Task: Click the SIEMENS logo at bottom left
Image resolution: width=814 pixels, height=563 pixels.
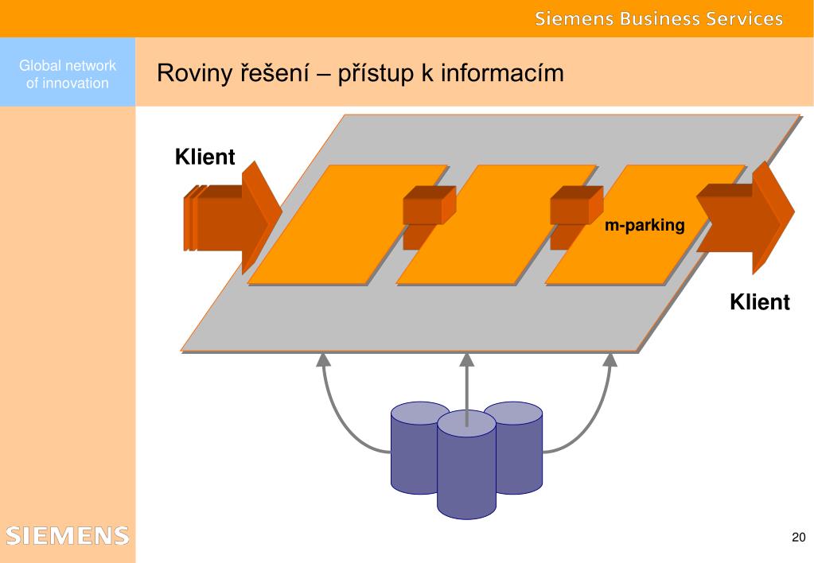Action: (68, 535)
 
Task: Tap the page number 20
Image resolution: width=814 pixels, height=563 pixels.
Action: (798, 537)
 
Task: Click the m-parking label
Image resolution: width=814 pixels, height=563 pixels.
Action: (645, 225)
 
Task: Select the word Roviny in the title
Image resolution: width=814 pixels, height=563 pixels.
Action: (195, 73)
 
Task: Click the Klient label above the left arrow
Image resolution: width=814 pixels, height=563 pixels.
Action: (205, 157)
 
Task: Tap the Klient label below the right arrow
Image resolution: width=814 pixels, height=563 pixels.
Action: (759, 302)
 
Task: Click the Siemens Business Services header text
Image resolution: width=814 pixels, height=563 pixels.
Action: (659, 18)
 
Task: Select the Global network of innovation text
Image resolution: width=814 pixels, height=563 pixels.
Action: (68, 74)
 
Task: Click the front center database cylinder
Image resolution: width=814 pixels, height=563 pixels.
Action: (466, 464)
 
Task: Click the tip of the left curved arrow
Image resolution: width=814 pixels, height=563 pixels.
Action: (323, 354)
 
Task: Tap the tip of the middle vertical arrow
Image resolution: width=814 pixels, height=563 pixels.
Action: (467, 354)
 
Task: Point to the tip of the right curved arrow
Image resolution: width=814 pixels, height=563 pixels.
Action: (610, 354)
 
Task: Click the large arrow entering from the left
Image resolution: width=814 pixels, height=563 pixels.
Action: (232, 218)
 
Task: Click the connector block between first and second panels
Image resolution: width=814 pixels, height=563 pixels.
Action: (429, 217)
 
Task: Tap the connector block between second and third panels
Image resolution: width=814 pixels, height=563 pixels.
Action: (576, 217)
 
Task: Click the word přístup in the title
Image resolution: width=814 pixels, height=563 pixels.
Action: (376, 73)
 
